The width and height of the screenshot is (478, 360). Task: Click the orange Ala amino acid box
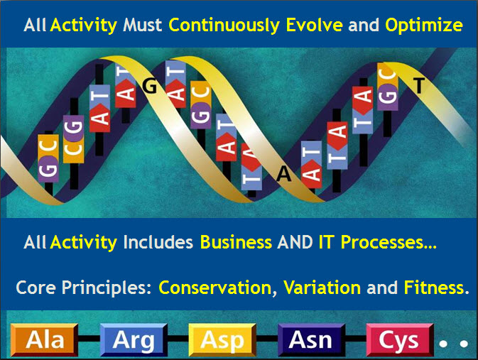pyautogui.click(x=45, y=340)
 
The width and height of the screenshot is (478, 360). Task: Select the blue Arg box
pyautogui.click(x=134, y=340)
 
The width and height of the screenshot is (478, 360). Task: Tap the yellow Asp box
pyautogui.click(x=222, y=340)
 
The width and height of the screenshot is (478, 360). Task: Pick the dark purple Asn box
pyautogui.click(x=311, y=340)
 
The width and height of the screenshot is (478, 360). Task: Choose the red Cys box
pyautogui.click(x=400, y=340)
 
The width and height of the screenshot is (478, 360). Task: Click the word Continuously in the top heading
pyautogui.click(x=224, y=26)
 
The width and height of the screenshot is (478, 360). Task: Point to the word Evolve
pyautogui.click(x=315, y=25)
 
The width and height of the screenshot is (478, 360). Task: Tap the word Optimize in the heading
pyautogui.click(x=424, y=26)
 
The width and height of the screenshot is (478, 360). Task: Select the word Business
pyautogui.click(x=236, y=242)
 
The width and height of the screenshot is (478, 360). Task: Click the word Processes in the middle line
pyautogui.click(x=382, y=243)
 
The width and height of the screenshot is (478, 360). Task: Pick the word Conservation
pyautogui.click(x=215, y=288)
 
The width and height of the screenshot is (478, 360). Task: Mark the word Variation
pyautogui.click(x=322, y=288)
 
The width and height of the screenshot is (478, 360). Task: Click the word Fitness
pyautogui.click(x=434, y=288)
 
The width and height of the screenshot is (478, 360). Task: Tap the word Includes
pyautogui.click(x=158, y=242)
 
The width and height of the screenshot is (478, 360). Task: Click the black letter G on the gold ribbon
pyautogui.click(x=150, y=87)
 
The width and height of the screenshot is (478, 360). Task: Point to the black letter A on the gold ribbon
pyautogui.click(x=284, y=175)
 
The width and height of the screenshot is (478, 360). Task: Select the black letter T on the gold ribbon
pyautogui.click(x=419, y=85)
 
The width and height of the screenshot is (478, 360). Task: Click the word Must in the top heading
pyautogui.click(x=142, y=25)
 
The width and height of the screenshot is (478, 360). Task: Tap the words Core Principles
pyautogui.click(x=84, y=288)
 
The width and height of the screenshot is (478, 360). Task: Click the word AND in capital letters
pyautogui.click(x=295, y=242)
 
